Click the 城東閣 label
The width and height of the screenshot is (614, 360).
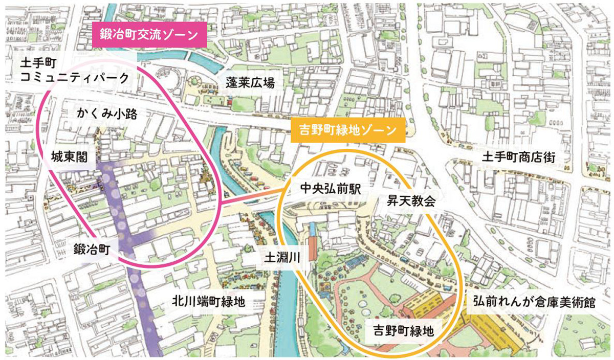73,159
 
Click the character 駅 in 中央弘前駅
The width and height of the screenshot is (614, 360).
355,189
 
